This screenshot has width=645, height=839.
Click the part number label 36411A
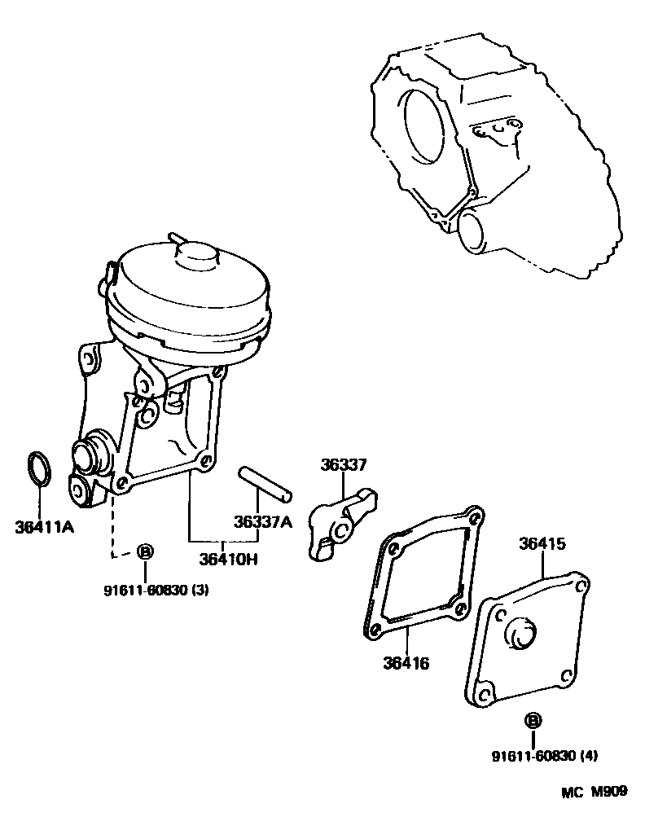pos(44,527)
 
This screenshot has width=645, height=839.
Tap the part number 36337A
pos(262,522)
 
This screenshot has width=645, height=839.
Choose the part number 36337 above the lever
pos(344,465)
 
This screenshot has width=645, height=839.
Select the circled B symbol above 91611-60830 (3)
pos(145,551)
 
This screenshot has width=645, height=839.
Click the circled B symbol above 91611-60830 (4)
pos(533,720)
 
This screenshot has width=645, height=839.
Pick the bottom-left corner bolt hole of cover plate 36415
pos(483,694)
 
